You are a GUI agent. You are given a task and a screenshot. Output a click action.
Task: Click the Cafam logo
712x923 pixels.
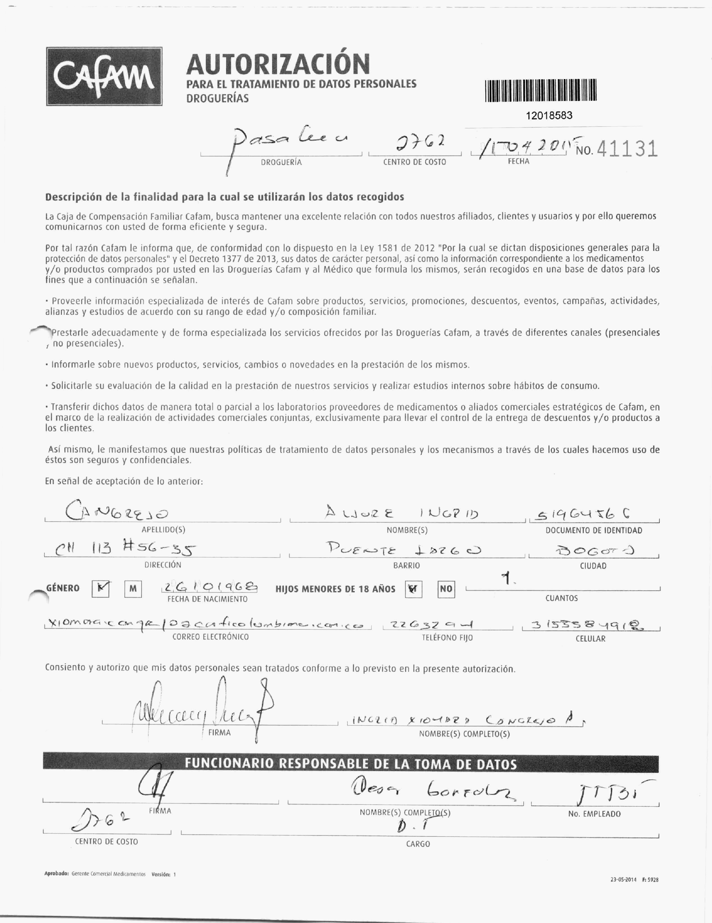pyautogui.click(x=104, y=76)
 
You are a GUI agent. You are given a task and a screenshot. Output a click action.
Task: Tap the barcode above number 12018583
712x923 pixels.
pyautogui.click(x=540, y=91)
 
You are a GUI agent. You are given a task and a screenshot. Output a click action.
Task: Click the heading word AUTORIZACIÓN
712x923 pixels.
pyautogui.click(x=278, y=64)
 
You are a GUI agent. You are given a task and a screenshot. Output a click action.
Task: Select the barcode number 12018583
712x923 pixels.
pyautogui.click(x=549, y=116)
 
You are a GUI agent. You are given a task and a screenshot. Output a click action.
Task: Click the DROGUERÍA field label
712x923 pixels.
pyautogui.click(x=281, y=162)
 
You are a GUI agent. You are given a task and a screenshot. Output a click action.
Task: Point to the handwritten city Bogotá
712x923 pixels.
pyautogui.click(x=594, y=550)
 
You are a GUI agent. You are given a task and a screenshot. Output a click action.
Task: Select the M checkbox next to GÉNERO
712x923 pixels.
pyautogui.click(x=133, y=589)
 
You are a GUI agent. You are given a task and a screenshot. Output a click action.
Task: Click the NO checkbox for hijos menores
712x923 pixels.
pyautogui.click(x=446, y=589)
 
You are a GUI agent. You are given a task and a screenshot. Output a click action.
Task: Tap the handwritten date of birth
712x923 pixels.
pyautogui.click(x=210, y=587)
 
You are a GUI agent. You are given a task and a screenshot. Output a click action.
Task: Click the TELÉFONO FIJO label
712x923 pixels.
pyautogui.click(x=447, y=638)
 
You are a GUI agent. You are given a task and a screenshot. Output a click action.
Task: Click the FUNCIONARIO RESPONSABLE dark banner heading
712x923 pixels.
pyautogui.click(x=350, y=764)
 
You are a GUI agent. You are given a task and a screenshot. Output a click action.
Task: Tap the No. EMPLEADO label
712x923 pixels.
pyautogui.click(x=594, y=814)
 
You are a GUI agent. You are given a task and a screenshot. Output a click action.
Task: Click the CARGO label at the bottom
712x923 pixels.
pyautogui.click(x=418, y=844)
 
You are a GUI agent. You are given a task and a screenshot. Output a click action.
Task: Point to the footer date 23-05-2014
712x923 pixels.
pyautogui.click(x=623, y=880)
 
